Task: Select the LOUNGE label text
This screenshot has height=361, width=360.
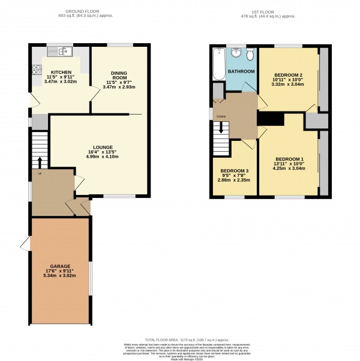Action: click(x=99, y=146)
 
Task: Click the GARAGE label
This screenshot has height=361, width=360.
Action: click(x=60, y=265)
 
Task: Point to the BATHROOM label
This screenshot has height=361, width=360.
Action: click(x=241, y=71)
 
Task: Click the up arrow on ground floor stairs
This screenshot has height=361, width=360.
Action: click(x=40, y=162)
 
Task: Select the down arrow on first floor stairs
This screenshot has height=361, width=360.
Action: click(x=221, y=128)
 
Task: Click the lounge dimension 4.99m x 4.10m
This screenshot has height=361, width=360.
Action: click(x=99, y=157)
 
